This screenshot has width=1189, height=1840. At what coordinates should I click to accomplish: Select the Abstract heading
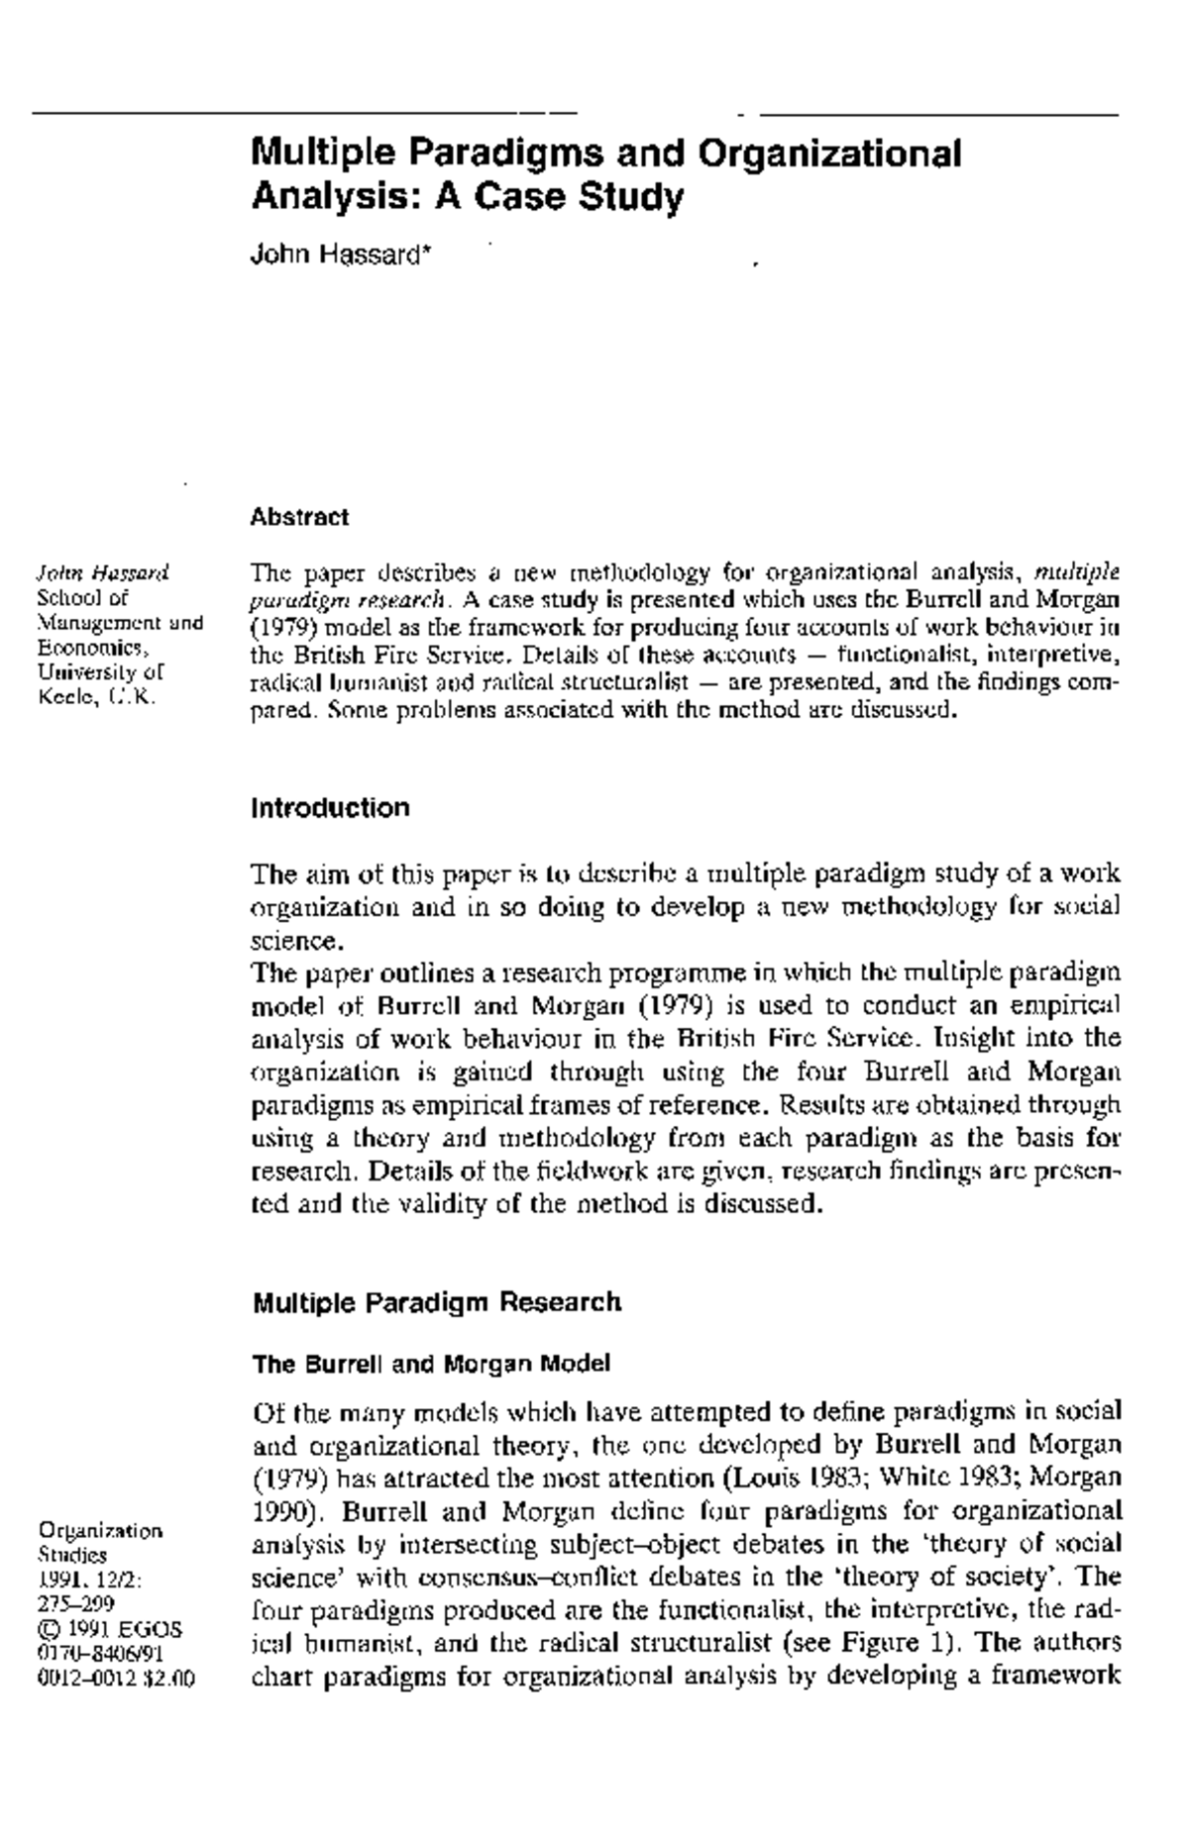tap(299, 517)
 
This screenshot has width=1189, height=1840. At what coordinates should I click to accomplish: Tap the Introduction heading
tap(330, 808)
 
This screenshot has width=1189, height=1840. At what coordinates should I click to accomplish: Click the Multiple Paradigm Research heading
tap(437, 1302)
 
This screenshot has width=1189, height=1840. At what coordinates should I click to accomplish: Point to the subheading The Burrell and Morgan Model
tap(431, 1365)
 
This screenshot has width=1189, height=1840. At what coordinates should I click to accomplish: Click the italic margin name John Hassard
tap(102, 572)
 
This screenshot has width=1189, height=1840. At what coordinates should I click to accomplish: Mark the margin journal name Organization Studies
tap(98, 1542)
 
